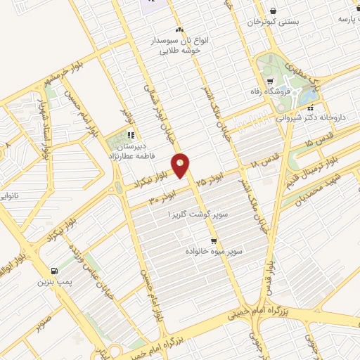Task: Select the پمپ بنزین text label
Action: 53,282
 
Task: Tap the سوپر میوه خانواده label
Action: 214,250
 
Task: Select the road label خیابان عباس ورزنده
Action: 86,252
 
